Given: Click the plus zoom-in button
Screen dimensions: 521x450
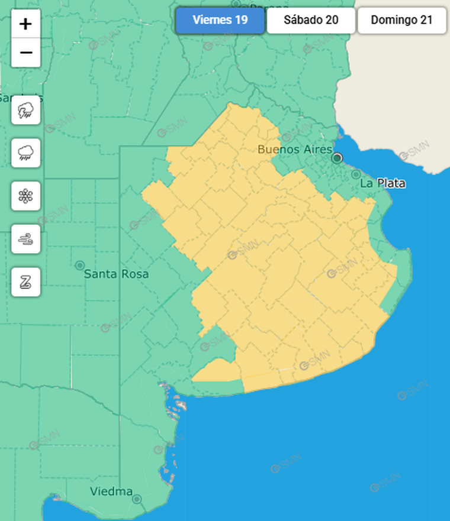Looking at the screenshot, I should coord(25,24).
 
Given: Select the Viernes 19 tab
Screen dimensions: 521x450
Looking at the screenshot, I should coord(220,20).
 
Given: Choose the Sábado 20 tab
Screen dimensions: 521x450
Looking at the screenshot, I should coord(311,20).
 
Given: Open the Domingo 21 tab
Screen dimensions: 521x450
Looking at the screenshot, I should coord(401,20).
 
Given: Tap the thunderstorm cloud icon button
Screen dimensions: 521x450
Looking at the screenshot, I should coord(25,110).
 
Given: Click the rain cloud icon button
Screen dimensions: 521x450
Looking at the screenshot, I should coord(25,153).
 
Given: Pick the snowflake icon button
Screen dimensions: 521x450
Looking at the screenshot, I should coord(25,196).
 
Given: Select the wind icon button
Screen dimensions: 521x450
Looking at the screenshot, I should coord(25,239).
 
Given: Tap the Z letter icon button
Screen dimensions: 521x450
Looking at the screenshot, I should coord(25,282).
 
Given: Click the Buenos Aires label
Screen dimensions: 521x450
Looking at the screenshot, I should coord(294,150).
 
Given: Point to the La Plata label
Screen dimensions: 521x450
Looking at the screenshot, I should coord(382,183).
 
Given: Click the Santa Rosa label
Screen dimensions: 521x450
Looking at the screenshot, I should coord(116,274).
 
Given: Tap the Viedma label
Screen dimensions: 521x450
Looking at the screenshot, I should coord(111,491).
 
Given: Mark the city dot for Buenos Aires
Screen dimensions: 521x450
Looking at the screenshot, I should coord(337,158).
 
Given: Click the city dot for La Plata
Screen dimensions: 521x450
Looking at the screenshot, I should coord(356,174).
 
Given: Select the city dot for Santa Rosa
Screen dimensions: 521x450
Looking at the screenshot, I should coord(80,265).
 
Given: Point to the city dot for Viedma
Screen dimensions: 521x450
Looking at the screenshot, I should coord(137,499).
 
